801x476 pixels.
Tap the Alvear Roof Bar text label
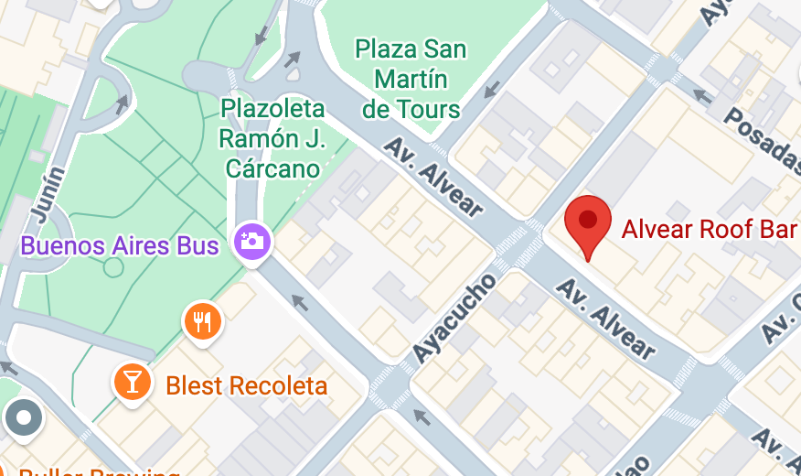[709, 228]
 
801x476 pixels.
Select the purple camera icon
[251, 241]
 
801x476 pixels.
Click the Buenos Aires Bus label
[120, 245]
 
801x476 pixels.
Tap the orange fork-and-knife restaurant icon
[203, 321]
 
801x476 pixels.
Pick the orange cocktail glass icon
[132, 383]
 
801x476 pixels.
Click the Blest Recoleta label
[246, 385]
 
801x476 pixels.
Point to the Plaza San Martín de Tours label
[411, 80]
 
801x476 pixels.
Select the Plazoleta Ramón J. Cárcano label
[272, 138]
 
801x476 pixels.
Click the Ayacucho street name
[454, 316]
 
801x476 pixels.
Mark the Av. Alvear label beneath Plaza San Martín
[433, 177]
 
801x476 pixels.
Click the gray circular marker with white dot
[24, 418]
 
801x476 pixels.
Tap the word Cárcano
[273, 168]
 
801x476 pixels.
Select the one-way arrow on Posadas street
[702, 94]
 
